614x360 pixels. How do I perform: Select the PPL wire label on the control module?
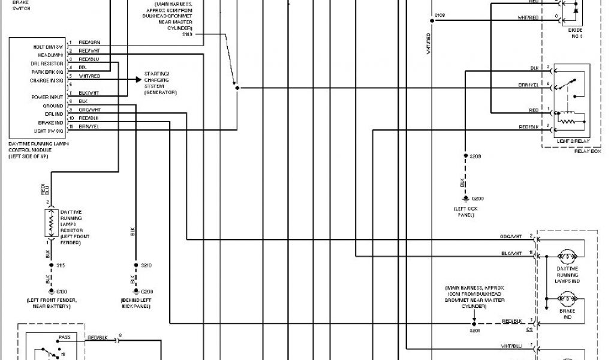82,68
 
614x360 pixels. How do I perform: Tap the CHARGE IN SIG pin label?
47,80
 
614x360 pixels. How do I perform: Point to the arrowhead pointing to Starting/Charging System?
139,79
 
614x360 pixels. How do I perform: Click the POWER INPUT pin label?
47,97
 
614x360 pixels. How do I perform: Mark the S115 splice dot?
52,265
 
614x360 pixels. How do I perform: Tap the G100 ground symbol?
52,292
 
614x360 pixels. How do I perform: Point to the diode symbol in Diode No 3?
576,10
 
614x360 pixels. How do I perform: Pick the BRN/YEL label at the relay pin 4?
528,85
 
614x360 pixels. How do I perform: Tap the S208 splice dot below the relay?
466,155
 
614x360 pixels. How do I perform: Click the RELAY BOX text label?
587,151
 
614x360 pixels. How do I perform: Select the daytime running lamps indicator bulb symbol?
567,254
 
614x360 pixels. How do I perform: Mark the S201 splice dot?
471,322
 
